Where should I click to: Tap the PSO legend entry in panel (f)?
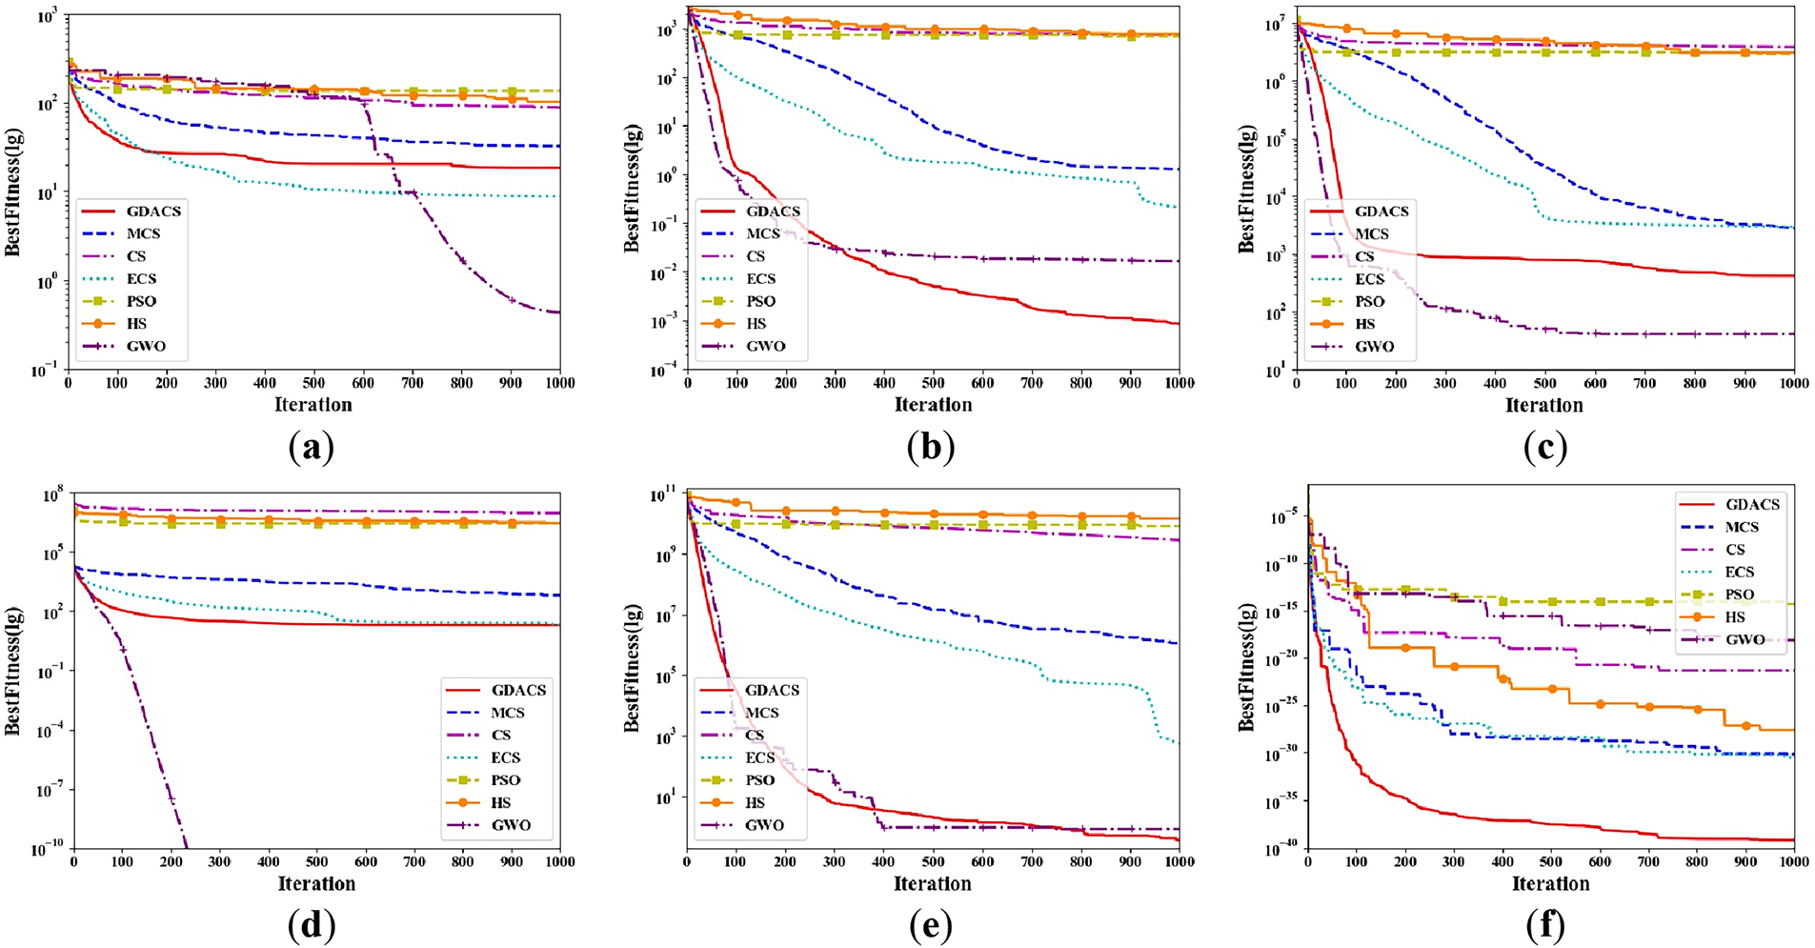(x=1739, y=595)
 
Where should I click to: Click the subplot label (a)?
(x=311, y=447)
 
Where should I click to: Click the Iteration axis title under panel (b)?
(x=933, y=405)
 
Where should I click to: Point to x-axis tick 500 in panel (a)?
(x=313, y=383)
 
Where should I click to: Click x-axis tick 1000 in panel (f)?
(x=1793, y=862)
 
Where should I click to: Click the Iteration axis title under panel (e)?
(x=933, y=884)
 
